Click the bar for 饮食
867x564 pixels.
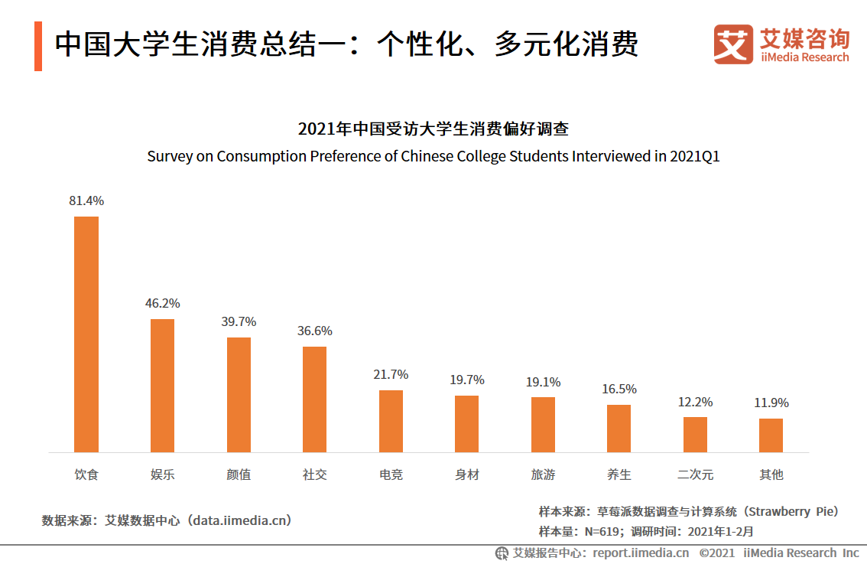coord(86,334)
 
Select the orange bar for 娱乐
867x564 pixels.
coord(162,386)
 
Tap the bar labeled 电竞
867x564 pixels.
coord(391,421)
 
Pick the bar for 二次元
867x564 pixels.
coord(695,435)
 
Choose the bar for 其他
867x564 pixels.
coord(771,435)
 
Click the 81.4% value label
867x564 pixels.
coord(86,201)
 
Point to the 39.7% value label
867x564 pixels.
coord(239,322)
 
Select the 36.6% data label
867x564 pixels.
coord(314,331)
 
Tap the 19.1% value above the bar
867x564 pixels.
coord(543,382)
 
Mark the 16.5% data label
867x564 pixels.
coord(619,390)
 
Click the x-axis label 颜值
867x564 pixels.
coord(239,474)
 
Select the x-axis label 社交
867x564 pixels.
coord(314,474)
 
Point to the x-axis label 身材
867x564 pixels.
coord(466,474)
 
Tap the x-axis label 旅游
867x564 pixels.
coord(543,474)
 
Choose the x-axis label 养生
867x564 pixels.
coord(619,474)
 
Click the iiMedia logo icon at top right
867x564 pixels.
coord(732,44)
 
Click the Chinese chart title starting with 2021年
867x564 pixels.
coord(433,129)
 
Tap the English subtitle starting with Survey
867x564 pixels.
coord(433,156)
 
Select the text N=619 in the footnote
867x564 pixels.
coord(602,531)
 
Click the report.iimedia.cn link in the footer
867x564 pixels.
coord(640,553)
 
